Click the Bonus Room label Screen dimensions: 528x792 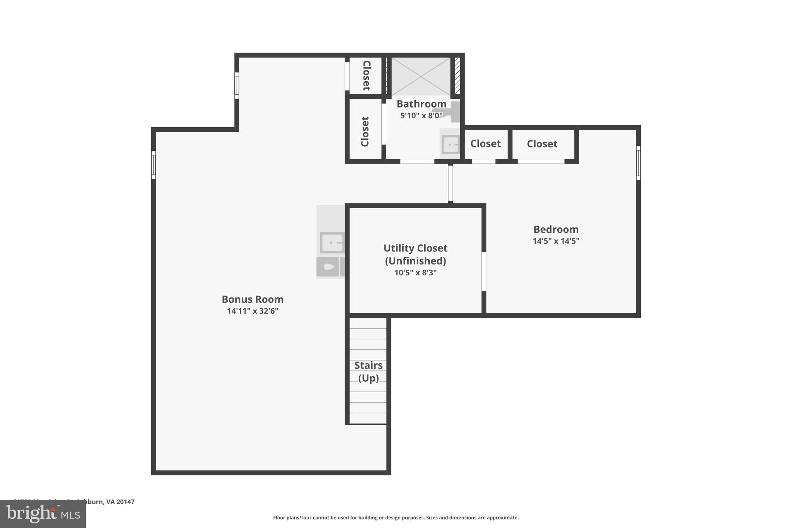(x=253, y=299)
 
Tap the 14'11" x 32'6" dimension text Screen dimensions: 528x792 (x=253, y=311)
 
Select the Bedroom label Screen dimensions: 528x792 (x=556, y=229)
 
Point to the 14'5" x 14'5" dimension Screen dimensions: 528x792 (x=556, y=241)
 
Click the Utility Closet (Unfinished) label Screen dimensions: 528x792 (x=415, y=254)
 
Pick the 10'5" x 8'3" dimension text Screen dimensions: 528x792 (x=415, y=273)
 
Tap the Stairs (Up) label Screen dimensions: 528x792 (x=368, y=371)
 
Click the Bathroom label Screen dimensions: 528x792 (x=421, y=104)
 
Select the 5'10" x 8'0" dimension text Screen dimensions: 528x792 (x=421, y=115)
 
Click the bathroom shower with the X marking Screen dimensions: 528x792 (x=421, y=76)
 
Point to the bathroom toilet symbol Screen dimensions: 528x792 (x=449, y=113)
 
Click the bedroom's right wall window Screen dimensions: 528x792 (x=638, y=163)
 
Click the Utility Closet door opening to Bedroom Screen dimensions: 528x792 (x=483, y=272)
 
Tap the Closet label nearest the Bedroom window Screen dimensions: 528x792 (x=542, y=144)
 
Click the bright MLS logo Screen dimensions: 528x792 (x=43, y=514)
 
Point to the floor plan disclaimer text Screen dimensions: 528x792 (x=396, y=518)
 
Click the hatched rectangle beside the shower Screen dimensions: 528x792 (x=457, y=75)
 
